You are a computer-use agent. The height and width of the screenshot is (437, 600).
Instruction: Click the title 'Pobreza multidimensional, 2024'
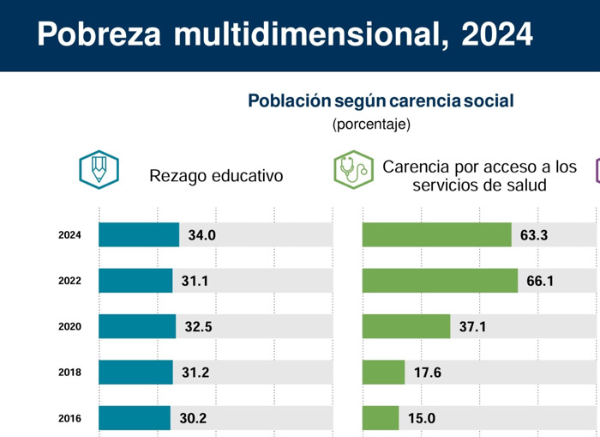pyautogui.click(x=285, y=35)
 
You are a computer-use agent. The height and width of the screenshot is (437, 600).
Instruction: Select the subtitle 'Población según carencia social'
pyautogui.click(x=381, y=101)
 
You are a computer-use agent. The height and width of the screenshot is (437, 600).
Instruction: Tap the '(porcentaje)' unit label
pyautogui.click(x=371, y=124)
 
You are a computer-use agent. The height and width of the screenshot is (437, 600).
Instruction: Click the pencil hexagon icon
pyautogui.click(x=99, y=169)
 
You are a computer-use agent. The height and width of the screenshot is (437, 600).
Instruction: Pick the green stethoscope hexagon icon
pyautogui.click(x=353, y=169)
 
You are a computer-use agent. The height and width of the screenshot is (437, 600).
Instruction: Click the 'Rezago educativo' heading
pyautogui.click(x=216, y=176)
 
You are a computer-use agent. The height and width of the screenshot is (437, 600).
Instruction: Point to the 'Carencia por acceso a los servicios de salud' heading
pyautogui.click(x=479, y=175)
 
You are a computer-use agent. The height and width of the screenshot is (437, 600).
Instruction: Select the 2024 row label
pyautogui.click(x=69, y=235)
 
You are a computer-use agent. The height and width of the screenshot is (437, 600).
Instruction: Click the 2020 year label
pyautogui.click(x=69, y=327)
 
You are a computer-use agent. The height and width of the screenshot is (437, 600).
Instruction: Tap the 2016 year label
pyautogui.click(x=69, y=419)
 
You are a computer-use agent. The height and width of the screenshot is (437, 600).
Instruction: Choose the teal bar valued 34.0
pyautogui.click(x=139, y=235)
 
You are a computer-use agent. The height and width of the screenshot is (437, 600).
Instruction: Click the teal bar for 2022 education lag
pyautogui.click(x=135, y=281)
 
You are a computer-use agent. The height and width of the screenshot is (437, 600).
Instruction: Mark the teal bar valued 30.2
pyautogui.click(x=135, y=419)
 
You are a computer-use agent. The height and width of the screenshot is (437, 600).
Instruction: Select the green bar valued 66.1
pyautogui.click(x=440, y=281)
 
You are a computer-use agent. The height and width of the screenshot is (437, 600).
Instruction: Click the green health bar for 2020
pyautogui.click(x=406, y=327)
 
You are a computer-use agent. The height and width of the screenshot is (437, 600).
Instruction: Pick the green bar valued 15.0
pyautogui.click(x=381, y=419)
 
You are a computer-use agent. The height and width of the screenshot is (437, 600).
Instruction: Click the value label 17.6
pyautogui.click(x=426, y=373)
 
